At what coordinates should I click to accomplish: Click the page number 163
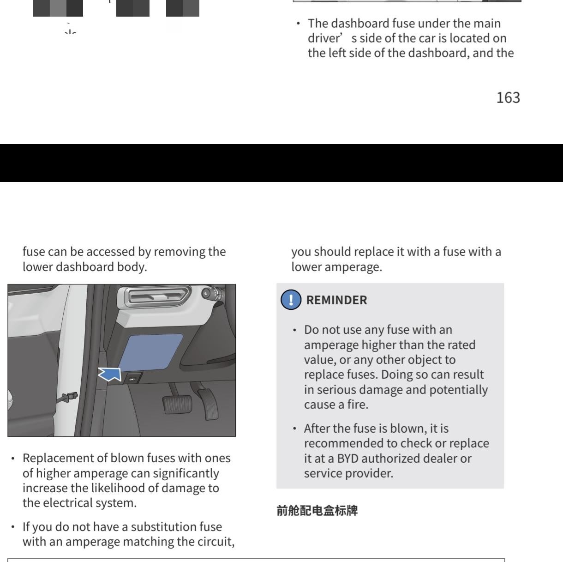click(508, 97)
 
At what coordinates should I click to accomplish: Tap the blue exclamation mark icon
click(291, 300)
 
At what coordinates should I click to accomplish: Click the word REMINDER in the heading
click(336, 300)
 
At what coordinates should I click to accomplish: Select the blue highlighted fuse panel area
click(150, 352)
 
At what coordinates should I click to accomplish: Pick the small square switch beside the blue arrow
click(132, 379)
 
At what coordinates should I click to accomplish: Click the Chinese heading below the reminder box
click(317, 511)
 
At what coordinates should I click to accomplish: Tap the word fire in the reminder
click(358, 405)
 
